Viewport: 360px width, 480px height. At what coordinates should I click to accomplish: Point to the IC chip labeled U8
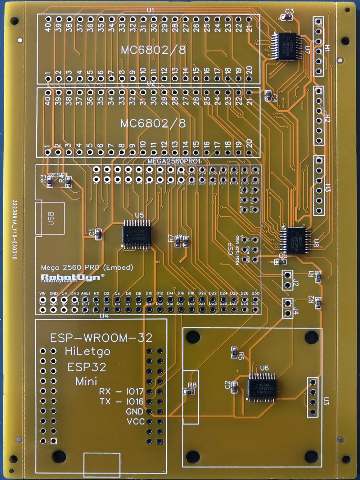coord(296,240)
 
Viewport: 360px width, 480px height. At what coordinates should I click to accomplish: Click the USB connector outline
coord(50,219)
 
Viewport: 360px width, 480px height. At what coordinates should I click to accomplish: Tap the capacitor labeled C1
coord(98,234)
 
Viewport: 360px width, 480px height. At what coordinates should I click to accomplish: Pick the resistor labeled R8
coord(188,392)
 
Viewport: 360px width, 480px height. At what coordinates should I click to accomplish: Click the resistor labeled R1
coord(318,277)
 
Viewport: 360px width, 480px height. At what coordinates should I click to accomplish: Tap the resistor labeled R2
coord(318,304)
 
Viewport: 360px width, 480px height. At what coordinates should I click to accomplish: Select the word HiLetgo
coord(87,351)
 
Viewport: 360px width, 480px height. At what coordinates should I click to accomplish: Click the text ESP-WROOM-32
coord(101,338)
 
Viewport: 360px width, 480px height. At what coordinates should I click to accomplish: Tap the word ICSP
coord(230,250)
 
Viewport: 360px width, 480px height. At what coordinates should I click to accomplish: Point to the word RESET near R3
coord(58,175)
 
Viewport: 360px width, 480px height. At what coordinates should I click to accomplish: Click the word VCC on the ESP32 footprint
coord(135,421)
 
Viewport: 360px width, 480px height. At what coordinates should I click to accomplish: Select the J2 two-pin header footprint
coord(287,280)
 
